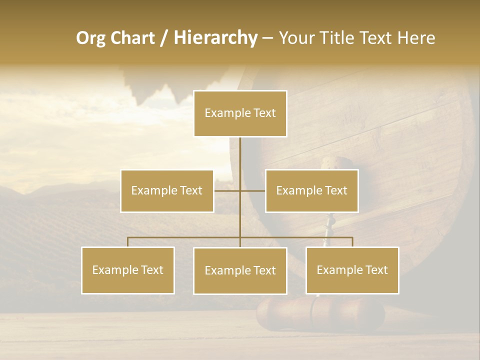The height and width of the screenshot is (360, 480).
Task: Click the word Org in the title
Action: pos(91,38)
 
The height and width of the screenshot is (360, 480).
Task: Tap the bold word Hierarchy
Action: pos(215,38)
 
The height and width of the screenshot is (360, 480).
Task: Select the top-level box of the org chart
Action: pos(240,113)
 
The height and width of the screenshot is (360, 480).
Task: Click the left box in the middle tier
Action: pos(167,191)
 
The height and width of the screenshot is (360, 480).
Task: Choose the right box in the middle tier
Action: pos(311,191)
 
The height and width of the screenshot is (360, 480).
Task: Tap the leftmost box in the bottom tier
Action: pos(128,270)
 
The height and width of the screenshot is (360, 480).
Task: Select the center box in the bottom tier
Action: pos(240,271)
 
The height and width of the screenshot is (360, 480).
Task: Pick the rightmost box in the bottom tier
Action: pos(352,270)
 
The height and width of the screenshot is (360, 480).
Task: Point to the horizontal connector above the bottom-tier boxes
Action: pos(185,237)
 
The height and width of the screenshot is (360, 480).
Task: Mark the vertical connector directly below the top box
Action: pos(240,155)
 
